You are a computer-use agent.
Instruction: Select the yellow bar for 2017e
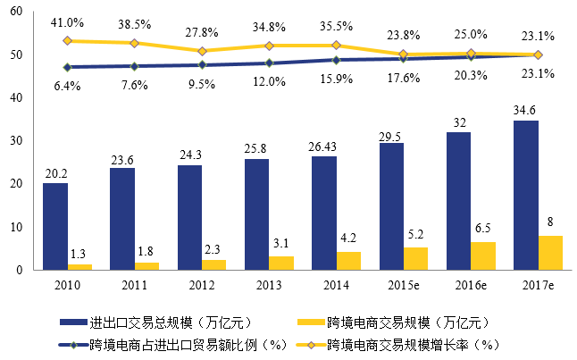tap(550, 252)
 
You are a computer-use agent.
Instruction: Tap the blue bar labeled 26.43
tap(324, 213)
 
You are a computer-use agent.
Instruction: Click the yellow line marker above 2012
tap(201, 51)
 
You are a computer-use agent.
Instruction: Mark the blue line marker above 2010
tap(67, 67)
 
